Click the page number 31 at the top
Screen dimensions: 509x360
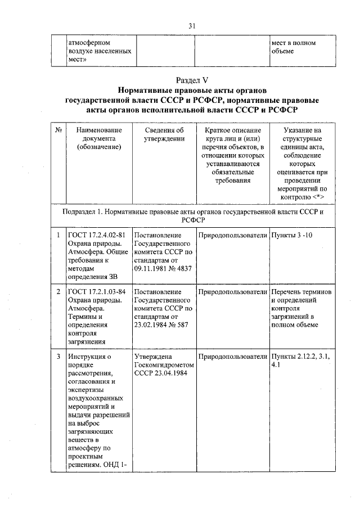pos(192,26)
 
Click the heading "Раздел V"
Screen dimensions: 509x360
pos(192,79)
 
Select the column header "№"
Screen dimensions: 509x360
pos(58,130)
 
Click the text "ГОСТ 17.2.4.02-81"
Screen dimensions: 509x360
pos(96,235)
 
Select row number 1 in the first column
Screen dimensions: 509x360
pos(58,235)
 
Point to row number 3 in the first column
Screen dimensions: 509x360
pos(58,357)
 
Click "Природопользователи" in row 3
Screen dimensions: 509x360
pos(232,357)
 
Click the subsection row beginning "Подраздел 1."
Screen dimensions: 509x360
pos(192,217)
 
